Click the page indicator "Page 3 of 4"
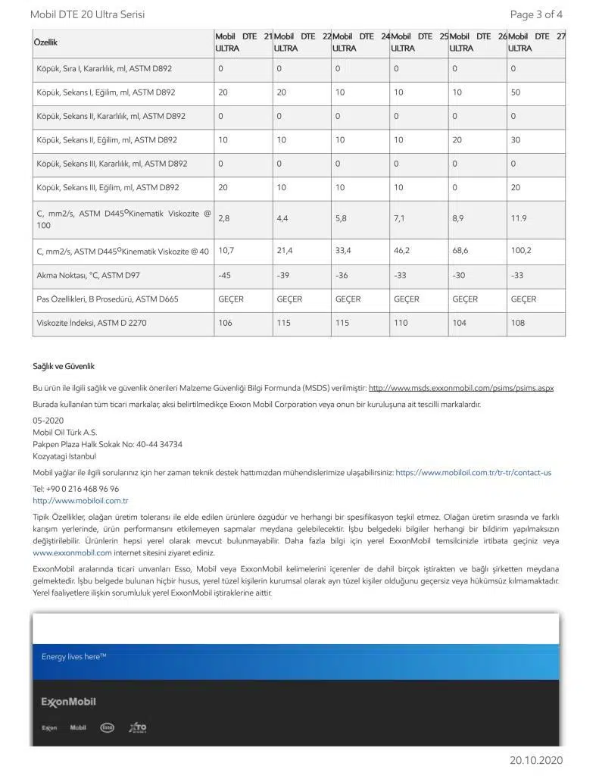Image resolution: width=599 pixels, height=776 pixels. pyautogui.click(x=535, y=14)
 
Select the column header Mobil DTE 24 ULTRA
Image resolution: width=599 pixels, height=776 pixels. pyautogui.click(x=360, y=42)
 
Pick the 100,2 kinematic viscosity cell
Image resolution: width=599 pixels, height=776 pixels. pyautogui.click(x=521, y=250)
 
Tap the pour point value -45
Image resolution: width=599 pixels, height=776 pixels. pyautogui.click(x=224, y=275)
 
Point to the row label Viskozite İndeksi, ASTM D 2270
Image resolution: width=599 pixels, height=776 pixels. pyautogui.click(x=92, y=323)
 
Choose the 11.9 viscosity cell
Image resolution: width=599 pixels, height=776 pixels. pyautogui.click(x=518, y=218)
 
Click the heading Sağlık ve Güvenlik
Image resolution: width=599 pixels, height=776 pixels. pyautogui.click(x=64, y=367)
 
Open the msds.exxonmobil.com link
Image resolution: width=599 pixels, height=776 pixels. pyautogui.click(x=460, y=388)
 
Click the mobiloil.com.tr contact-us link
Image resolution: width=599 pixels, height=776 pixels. pyautogui.click(x=473, y=472)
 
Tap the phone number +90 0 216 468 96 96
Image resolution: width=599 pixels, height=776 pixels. pyautogui.click(x=76, y=489)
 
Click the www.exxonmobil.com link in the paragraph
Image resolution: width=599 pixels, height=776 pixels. pyautogui.click(x=72, y=552)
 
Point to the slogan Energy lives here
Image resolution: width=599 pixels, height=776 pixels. pyautogui.click(x=73, y=657)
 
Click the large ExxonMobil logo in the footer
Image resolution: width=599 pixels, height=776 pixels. pyautogui.click(x=68, y=702)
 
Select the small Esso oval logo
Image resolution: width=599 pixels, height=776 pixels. pyautogui.click(x=107, y=727)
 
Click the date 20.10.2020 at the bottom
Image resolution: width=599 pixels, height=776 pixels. pyautogui.click(x=536, y=760)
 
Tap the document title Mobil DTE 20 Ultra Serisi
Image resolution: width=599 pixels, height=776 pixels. pyautogui.click(x=87, y=14)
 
